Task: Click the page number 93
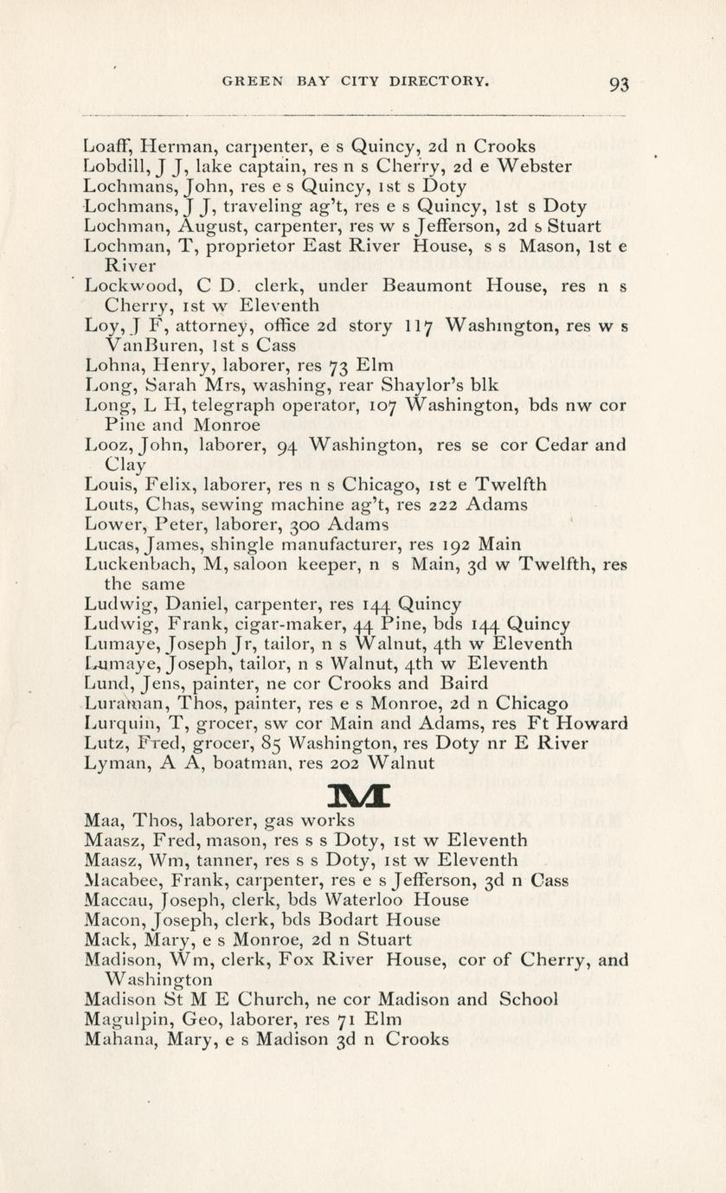619,84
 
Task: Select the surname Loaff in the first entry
108,146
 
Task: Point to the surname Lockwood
126,285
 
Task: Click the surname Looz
106,446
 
